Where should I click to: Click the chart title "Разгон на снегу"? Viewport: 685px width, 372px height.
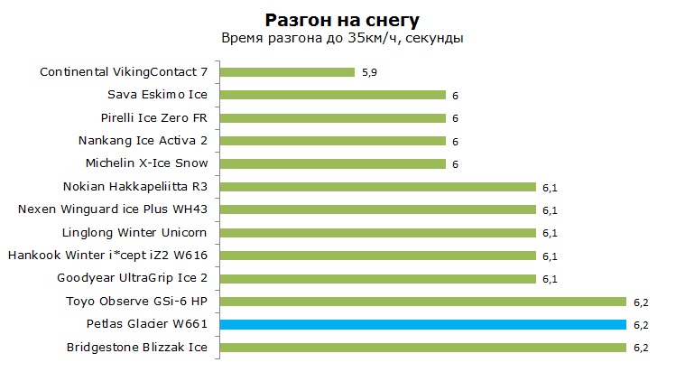tap(342, 20)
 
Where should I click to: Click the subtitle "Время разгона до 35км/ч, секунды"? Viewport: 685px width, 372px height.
tap(342, 39)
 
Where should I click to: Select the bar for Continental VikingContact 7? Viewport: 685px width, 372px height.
tap(288, 72)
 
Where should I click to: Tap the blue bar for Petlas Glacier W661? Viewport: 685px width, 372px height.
tap(423, 324)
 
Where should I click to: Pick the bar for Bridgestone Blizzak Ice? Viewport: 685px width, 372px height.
tap(423, 348)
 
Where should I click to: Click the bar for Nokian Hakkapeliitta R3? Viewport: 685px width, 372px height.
tap(378, 187)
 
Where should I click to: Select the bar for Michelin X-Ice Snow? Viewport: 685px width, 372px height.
tap(333, 164)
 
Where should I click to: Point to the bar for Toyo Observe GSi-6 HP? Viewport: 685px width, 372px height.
tap(423, 302)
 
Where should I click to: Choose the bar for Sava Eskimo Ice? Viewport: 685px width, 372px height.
tap(333, 95)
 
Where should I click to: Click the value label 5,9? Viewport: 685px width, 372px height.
tap(369, 72)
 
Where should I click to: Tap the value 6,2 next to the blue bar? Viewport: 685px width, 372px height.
tap(641, 325)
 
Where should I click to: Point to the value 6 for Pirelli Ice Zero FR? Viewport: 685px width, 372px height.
tap(455, 118)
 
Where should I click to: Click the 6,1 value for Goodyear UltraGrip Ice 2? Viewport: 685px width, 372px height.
tap(550, 279)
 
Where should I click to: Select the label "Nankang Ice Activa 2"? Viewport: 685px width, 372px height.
tap(143, 141)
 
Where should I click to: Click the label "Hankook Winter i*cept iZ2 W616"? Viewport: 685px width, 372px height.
tap(108, 256)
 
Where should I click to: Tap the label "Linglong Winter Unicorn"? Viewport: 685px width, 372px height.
tap(134, 233)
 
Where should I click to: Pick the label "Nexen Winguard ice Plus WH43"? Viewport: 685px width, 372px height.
tap(113, 209)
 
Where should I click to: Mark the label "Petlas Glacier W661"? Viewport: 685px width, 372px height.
tap(147, 324)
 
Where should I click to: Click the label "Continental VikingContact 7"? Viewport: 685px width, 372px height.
tap(124, 72)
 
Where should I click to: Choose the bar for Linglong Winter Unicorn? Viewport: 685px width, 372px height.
tap(378, 233)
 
